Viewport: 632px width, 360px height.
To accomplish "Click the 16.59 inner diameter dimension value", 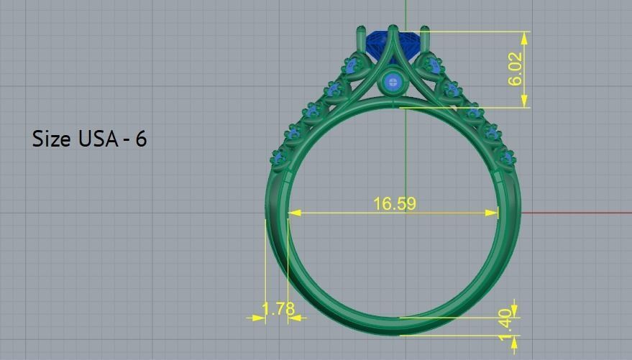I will [394, 204].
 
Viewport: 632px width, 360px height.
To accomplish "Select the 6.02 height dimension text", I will [516, 69].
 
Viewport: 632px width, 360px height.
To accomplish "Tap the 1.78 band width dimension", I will [278, 309].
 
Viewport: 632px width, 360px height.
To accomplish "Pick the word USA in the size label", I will [98, 139].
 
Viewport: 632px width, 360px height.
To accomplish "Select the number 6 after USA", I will [141, 139].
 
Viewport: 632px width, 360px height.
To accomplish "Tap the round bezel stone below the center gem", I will [393, 83].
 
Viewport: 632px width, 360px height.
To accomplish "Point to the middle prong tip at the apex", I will [393, 30].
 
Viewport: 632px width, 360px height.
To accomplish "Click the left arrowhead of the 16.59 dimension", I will [293, 213].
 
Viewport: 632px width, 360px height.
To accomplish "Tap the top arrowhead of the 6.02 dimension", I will [525, 36].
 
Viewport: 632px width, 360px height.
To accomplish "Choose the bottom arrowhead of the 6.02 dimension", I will [525, 103].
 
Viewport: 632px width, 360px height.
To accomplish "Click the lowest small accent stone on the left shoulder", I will [278, 156].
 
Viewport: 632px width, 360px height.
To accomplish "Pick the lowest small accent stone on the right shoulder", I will [508, 157].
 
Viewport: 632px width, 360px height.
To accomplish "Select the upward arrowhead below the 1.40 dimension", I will [515, 340].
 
